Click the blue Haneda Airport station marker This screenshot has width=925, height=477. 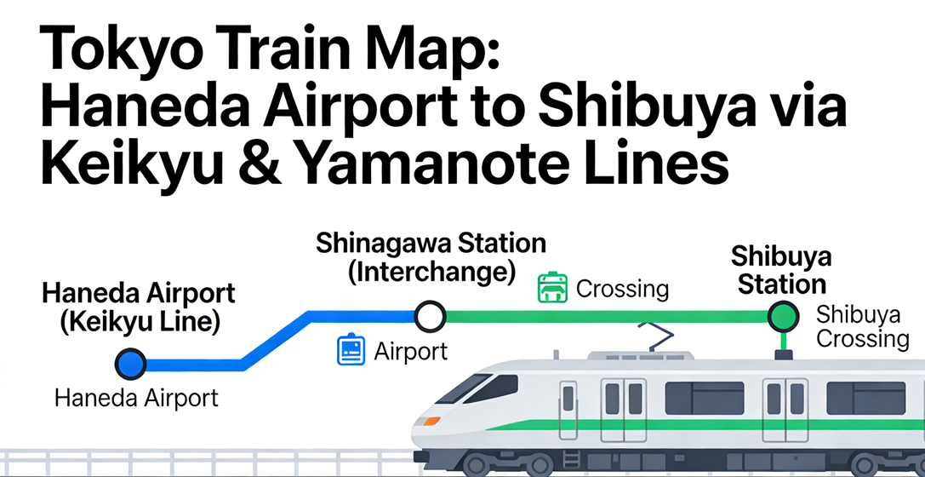click(131, 364)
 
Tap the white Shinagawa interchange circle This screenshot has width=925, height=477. click(430, 318)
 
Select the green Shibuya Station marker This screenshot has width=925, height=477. click(782, 318)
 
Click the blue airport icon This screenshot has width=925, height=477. click(351, 350)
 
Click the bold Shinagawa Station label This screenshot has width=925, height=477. click(431, 244)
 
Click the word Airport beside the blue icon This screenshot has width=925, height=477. click(410, 350)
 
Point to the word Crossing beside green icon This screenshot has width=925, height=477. click(622, 289)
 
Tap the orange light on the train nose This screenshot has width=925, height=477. click(432, 420)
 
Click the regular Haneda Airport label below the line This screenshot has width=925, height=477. click(136, 398)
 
